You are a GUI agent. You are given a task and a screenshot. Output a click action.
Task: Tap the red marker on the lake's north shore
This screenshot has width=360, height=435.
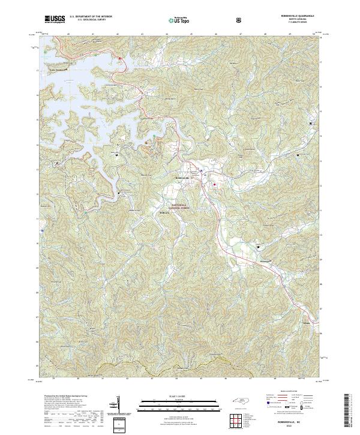(x=120, y=58)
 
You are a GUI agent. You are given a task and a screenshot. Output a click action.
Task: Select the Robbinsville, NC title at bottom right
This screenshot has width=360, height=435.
(x=298, y=422)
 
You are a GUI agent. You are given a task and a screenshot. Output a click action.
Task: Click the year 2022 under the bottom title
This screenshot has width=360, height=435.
(x=298, y=427)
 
